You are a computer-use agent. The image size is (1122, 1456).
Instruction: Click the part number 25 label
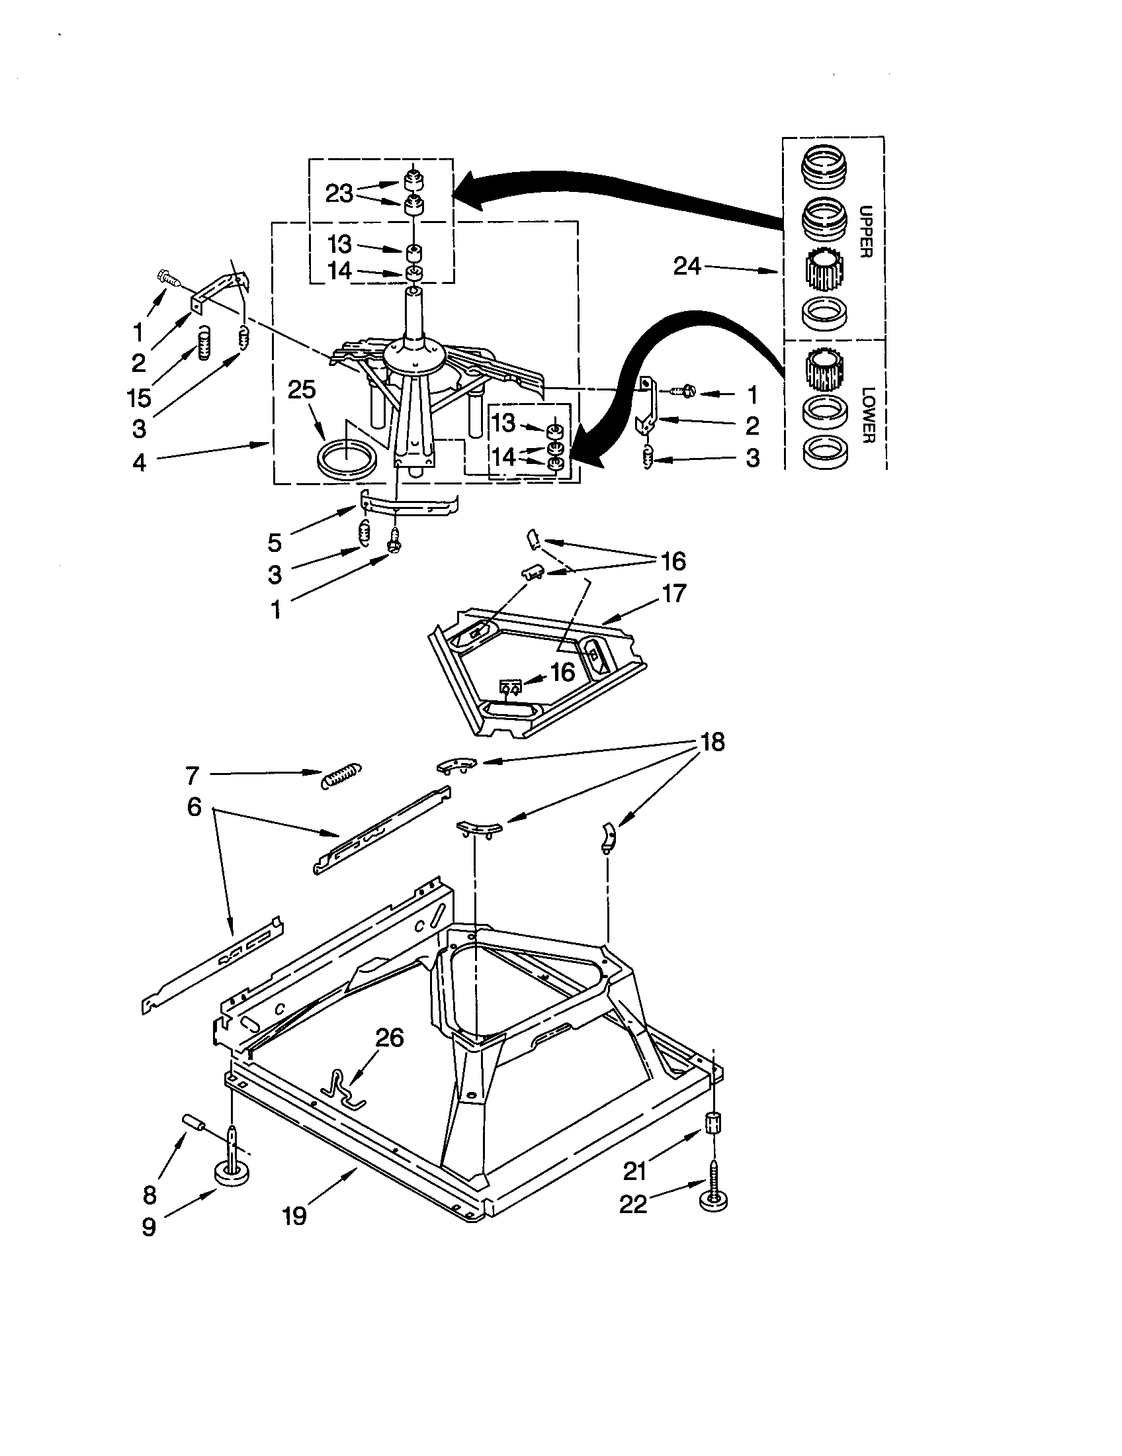click(301, 389)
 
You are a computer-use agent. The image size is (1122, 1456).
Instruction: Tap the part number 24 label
click(687, 267)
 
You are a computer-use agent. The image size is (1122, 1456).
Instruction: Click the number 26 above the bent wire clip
click(390, 1037)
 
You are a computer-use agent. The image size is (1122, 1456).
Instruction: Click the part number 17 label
click(673, 593)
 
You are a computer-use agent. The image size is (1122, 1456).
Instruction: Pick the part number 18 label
click(712, 742)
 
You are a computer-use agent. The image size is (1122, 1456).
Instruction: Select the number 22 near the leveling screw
click(633, 1204)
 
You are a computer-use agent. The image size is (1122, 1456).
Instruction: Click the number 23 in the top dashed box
click(339, 193)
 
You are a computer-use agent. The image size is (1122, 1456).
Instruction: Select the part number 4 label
click(138, 462)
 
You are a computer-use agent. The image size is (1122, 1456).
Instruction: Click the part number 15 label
click(139, 397)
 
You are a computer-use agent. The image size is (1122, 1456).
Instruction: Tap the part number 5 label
click(275, 542)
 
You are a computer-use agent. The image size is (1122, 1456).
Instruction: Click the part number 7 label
click(192, 775)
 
